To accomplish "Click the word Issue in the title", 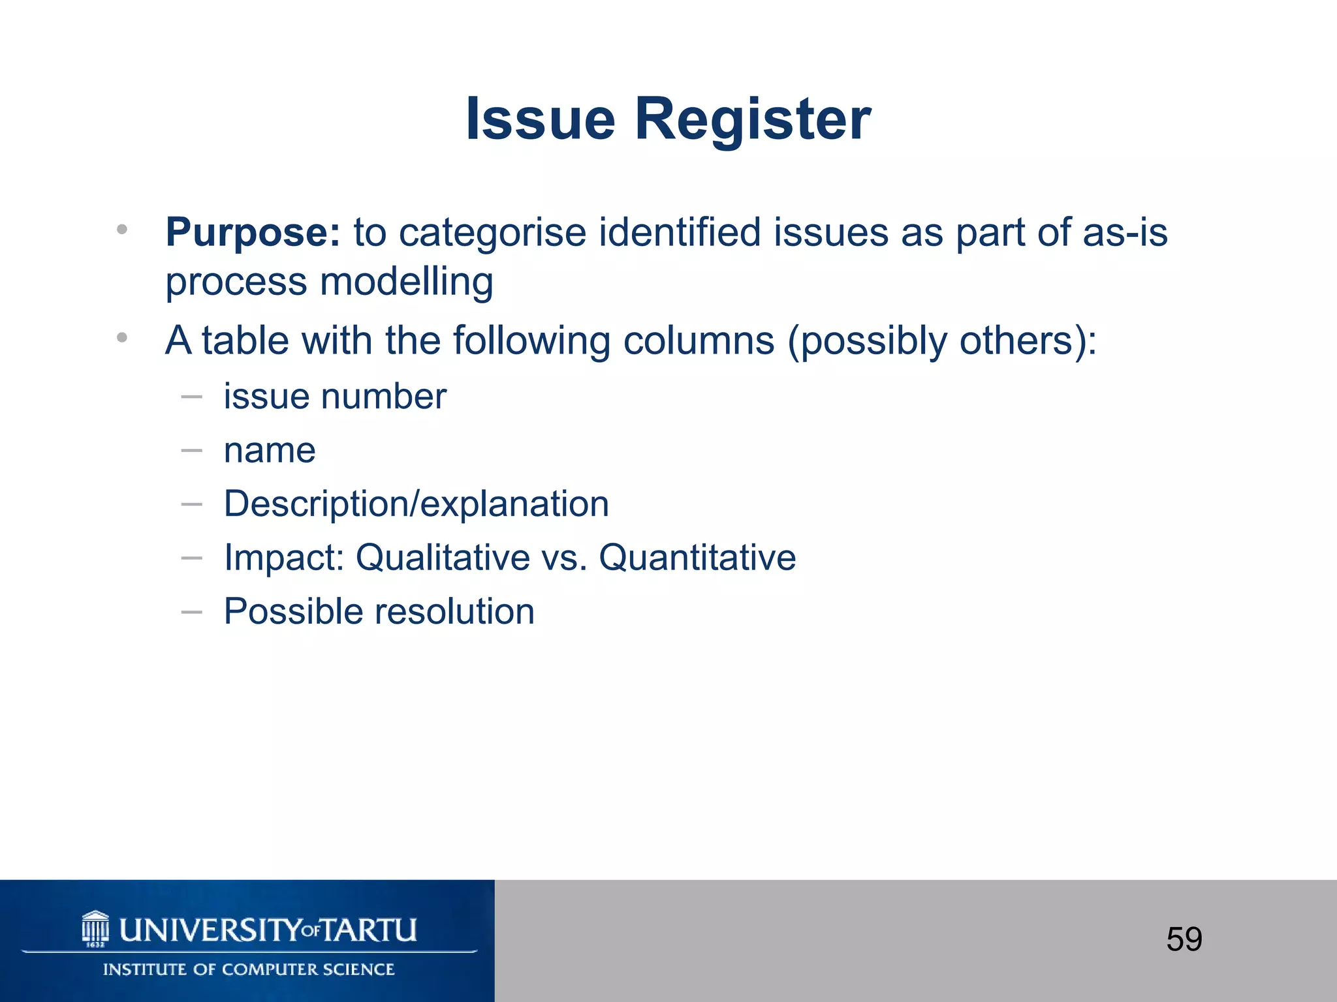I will tap(540, 119).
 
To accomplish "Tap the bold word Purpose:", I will tap(253, 232).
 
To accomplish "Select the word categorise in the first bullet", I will tap(493, 232).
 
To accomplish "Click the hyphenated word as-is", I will tap(1125, 232).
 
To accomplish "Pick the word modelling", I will tap(406, 282).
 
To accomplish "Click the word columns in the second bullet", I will tap(698, 341).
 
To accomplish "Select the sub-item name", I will tap(270, 450).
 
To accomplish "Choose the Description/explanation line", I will tap(416, 504).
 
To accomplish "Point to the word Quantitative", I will tap(697, 558).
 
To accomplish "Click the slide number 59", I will tap(1184, 939).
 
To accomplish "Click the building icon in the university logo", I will tap(95, 929).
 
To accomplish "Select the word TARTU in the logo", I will tap(370, 930).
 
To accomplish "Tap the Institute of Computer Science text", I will tap(249, 969).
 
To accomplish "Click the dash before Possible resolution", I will tap(191, 612).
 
